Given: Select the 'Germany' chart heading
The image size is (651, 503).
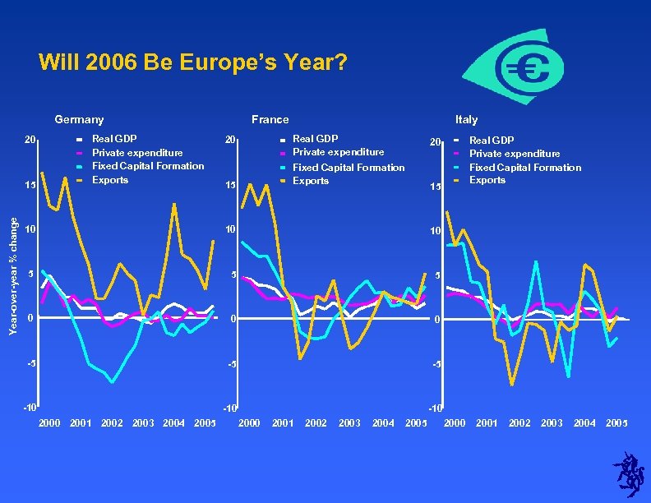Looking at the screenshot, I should (x=79, y=120).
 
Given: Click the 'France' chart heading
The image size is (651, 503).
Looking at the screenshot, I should (x=270, y=120).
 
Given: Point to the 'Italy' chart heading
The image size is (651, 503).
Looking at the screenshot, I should (x=466, y=120).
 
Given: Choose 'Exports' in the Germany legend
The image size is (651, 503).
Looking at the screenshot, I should (x=110, y=180).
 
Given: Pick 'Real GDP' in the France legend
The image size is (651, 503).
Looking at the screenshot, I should (x=315, y=139).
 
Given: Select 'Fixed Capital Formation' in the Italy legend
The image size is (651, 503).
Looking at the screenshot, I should (x=524, y=168).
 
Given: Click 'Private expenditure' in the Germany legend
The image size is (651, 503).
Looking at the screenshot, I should (x=137, y=153).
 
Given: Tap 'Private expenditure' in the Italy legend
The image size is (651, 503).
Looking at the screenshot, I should (x=515, y=154).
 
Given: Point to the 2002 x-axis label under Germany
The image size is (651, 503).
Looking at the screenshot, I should (x=112, y=423).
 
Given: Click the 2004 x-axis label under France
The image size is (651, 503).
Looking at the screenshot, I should (x=383, y=423).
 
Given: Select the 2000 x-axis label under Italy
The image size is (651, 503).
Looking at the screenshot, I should (x=455, y=423).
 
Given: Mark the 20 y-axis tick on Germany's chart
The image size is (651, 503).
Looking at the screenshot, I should (x=30, y=140).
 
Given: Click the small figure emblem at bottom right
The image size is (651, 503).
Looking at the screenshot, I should (x=629, y=474).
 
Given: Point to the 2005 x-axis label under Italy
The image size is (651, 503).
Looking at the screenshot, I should (x=616, y=423).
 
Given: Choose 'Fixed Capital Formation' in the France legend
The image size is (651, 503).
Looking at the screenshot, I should (x=349, y=168).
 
